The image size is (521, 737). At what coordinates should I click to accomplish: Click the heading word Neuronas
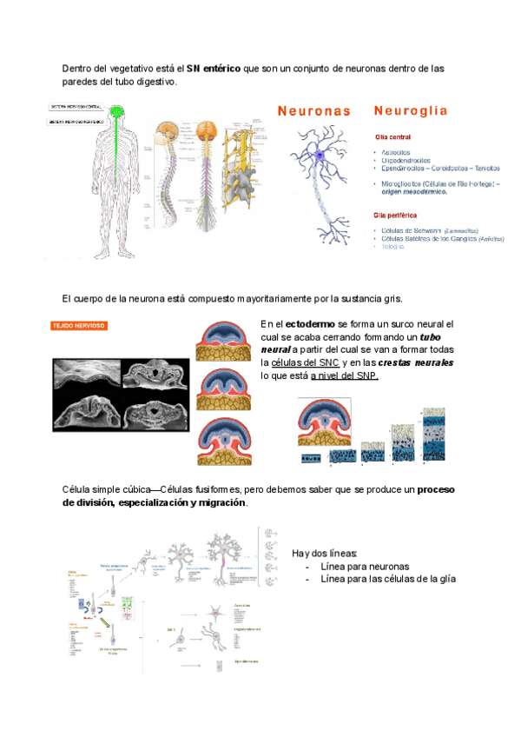[x=314, y=111]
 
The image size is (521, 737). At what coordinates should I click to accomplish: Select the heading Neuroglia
[x=410, y=111]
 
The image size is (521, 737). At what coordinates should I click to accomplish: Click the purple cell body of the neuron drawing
[x=319, y=154]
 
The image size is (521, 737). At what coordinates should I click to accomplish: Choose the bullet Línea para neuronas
[x=365, y=567]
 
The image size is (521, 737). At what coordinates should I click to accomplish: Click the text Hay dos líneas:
[x=324, y=554]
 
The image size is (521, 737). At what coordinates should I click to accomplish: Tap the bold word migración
[x=221, y=502]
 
